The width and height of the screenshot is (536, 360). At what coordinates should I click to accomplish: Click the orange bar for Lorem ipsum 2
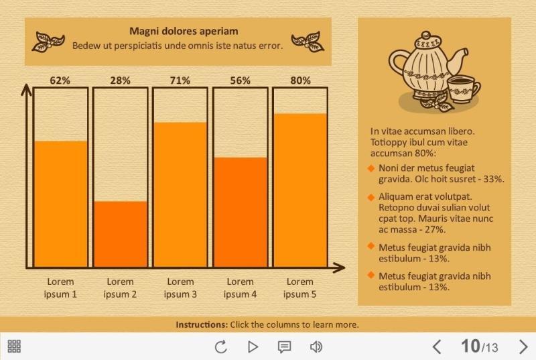[121, 234]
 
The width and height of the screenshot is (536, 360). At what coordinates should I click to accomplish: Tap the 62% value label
[60, 80]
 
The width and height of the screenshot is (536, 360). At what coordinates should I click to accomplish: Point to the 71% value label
[180, 80]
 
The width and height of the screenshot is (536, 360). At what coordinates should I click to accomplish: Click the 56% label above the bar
[240, 80]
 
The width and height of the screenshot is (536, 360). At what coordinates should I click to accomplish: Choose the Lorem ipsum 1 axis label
[60, 288]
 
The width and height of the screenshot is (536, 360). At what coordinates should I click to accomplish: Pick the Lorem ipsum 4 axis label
[240, 288]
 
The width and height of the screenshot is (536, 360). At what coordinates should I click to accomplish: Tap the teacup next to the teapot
[463, 88]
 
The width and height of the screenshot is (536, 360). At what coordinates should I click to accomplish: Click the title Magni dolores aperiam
[184, 31]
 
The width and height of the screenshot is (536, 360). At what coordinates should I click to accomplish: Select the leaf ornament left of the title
[50, 42]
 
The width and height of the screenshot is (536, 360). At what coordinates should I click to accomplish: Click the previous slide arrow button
[437, 347]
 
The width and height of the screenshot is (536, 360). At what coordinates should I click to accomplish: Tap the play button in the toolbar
[253, 347]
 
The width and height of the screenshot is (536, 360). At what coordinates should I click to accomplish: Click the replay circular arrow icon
[220, 347]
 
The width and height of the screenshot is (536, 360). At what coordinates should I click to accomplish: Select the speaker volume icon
[316, 347]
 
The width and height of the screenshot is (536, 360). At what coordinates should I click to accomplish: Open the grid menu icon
[14, 347]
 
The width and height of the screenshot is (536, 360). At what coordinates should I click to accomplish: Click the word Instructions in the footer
[201, 324]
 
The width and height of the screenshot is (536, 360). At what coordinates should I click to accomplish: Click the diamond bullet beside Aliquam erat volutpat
[371, 197]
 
